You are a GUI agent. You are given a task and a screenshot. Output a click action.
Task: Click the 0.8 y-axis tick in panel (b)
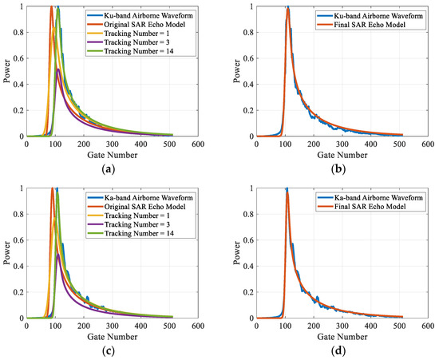point(247,32)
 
